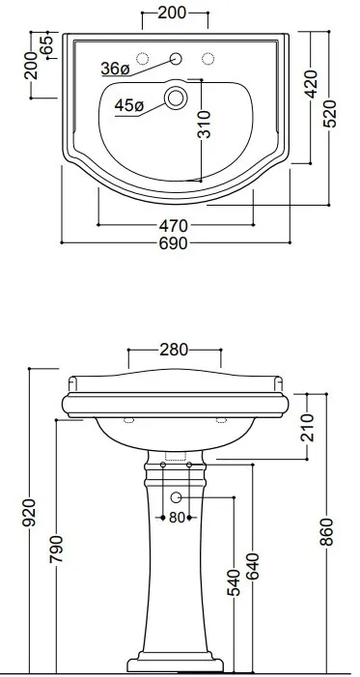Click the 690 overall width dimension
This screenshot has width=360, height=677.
pos(174,243)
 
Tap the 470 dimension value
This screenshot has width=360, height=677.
pos(174,226)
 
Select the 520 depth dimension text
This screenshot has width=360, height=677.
pos(330,114)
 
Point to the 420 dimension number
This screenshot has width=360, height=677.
pos(311,84)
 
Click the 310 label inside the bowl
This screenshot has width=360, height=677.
pos(205,125)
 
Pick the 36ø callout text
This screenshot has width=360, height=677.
pos(115,69)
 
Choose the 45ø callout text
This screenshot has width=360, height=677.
pos(129,105)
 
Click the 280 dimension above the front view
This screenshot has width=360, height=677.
pos(174,350)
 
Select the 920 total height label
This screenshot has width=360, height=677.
pos(29,513)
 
